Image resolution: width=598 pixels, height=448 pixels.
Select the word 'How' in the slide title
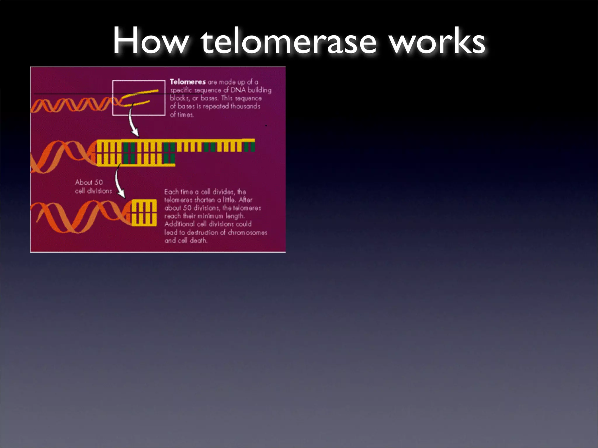[151, 41]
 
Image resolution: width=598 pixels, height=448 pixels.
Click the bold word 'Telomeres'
[188, 82]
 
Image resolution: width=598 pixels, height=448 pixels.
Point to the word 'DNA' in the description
[238, 90]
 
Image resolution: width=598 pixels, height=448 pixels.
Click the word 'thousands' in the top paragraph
[245, 106]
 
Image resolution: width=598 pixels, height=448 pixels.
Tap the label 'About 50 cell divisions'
[93, 186]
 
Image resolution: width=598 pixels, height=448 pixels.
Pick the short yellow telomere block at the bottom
[144, 212]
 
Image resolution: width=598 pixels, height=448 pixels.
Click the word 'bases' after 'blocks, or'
[209, 98]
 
